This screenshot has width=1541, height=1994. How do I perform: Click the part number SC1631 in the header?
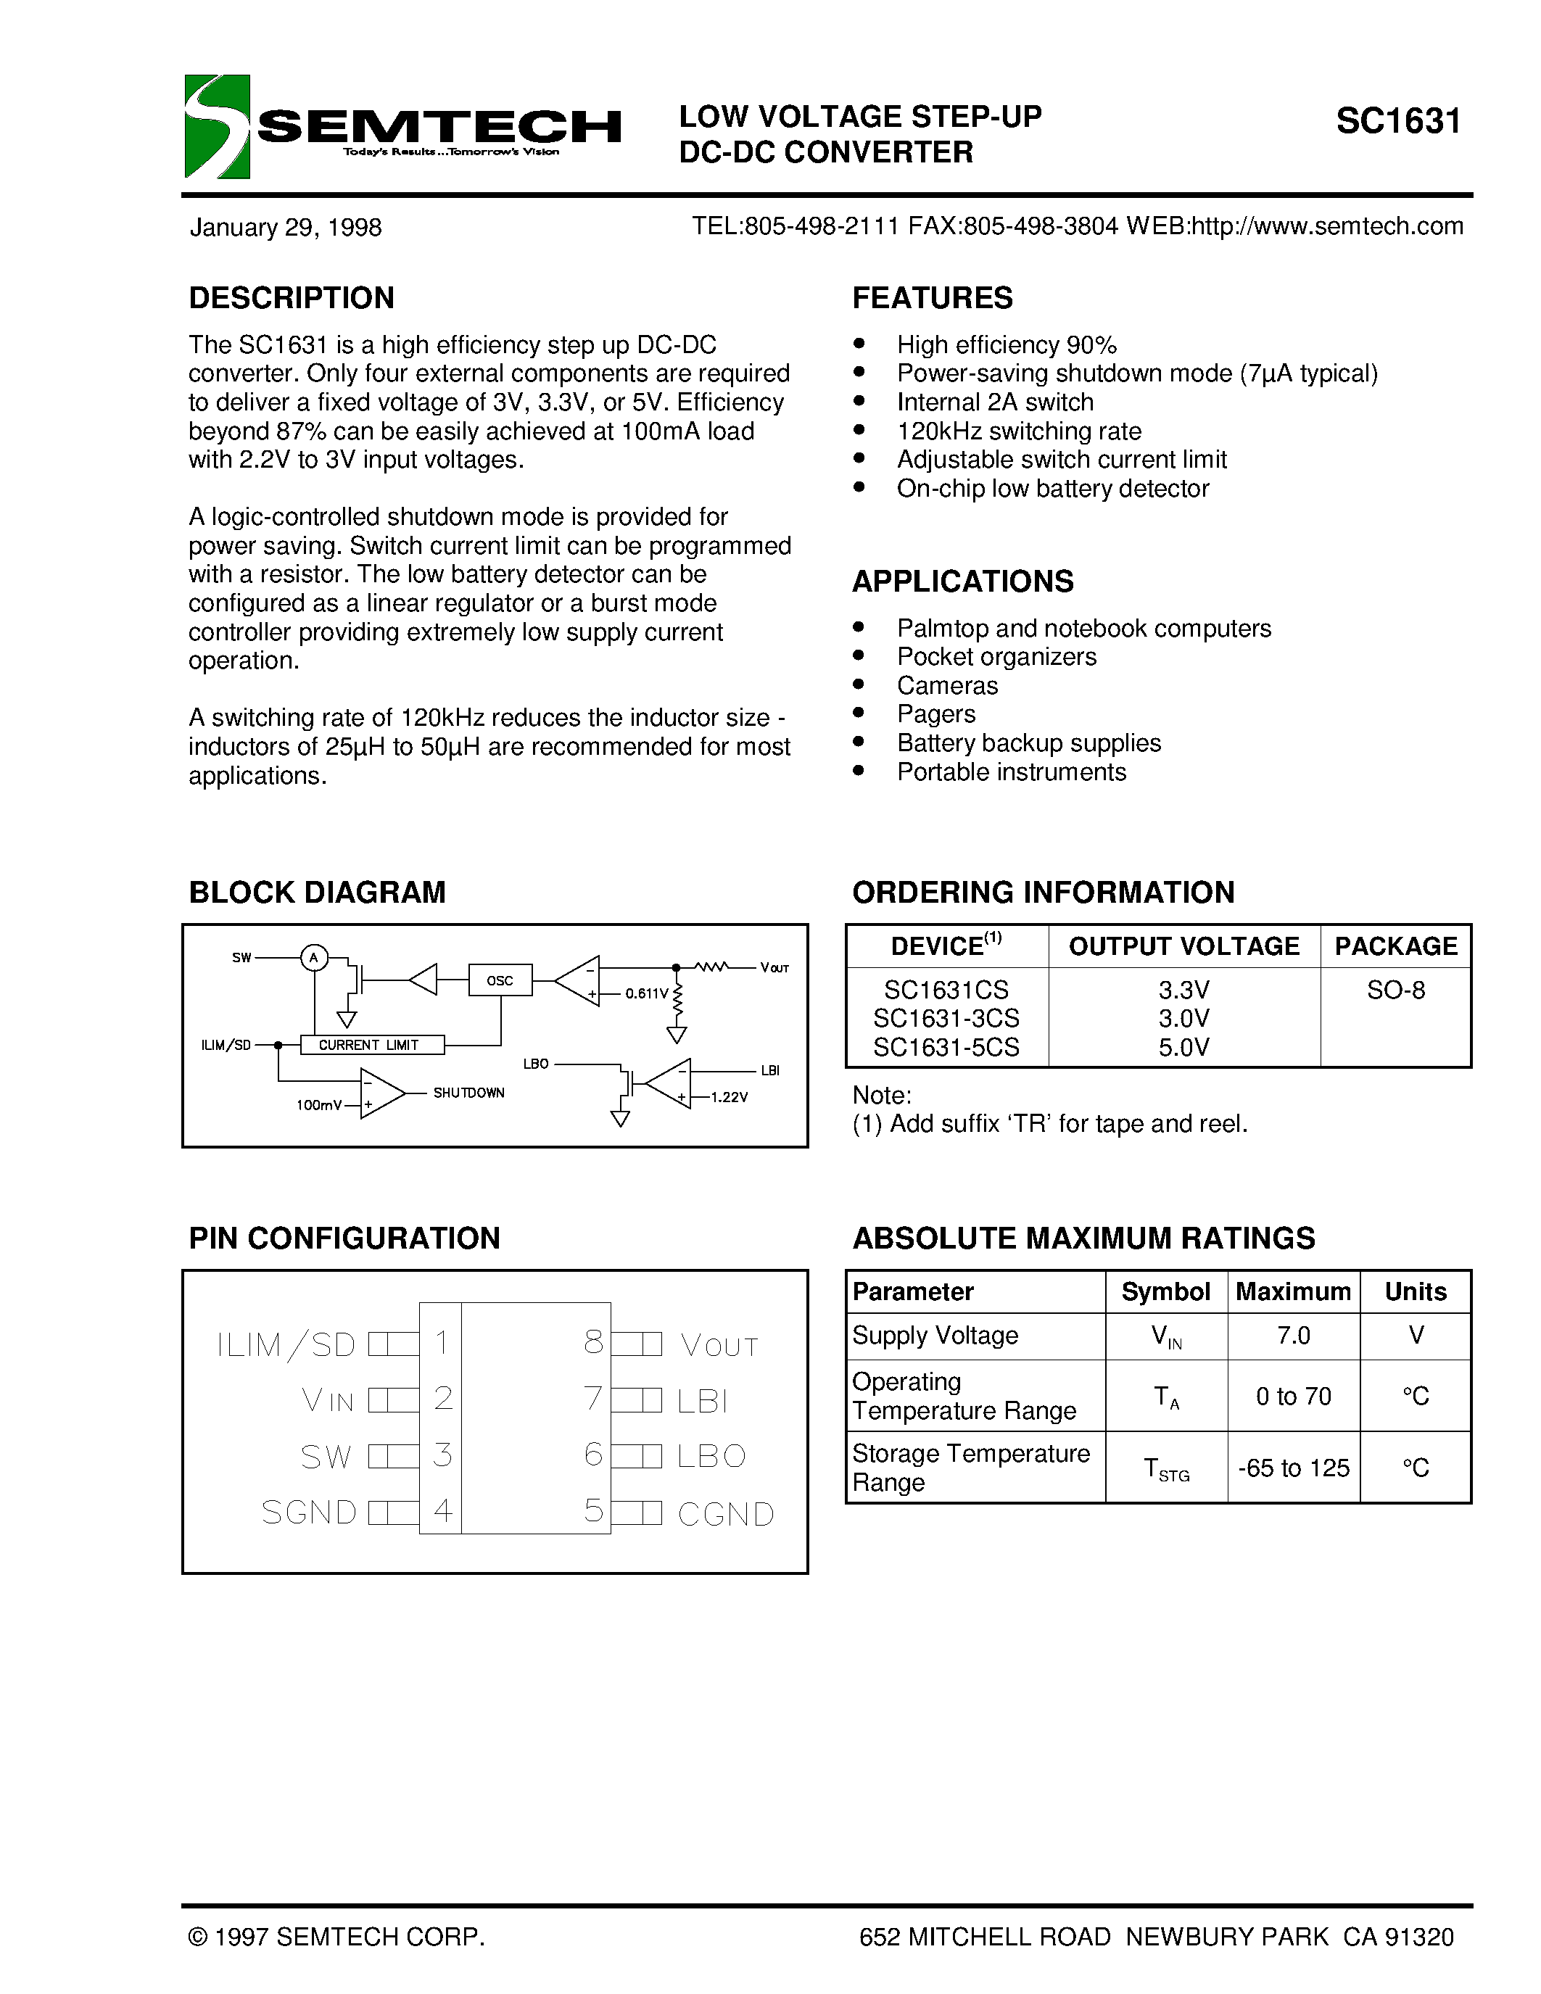coord(1397,121)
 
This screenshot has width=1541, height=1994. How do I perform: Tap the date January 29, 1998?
coord(285,228)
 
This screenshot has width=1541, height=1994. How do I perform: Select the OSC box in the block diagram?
coord(500,980)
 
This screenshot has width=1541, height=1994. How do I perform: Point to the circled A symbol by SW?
coord(314,958)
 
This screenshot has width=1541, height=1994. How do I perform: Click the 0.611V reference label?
coord(646,993)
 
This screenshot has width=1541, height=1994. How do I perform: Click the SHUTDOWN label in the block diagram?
coord(468,1093)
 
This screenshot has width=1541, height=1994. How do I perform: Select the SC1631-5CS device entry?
coord(946,1047)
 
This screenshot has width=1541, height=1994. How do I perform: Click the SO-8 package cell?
coord(1395,990)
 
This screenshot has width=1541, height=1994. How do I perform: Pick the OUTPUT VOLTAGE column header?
coord(1183,946)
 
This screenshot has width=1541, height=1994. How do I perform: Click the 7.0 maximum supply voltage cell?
coord(1293,1336)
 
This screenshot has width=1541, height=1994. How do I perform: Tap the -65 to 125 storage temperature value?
coord(1293,1468)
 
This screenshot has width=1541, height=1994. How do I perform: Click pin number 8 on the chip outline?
coord(593,1342)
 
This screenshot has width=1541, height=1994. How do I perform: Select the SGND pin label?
coord(309,1513)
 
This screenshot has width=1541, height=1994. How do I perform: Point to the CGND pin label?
coord(726,1515)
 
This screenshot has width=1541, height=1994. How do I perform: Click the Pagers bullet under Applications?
coord(935,714)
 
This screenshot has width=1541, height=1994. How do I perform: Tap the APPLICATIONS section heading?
coord(962,582)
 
